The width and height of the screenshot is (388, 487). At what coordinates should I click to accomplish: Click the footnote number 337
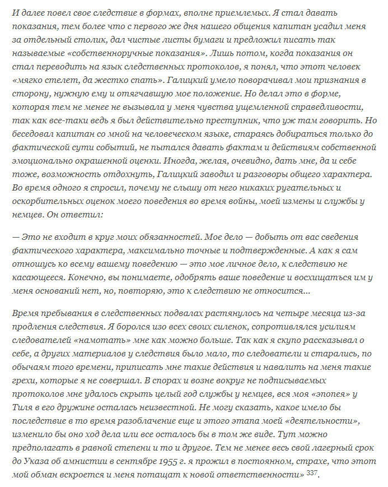pos(311,473)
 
